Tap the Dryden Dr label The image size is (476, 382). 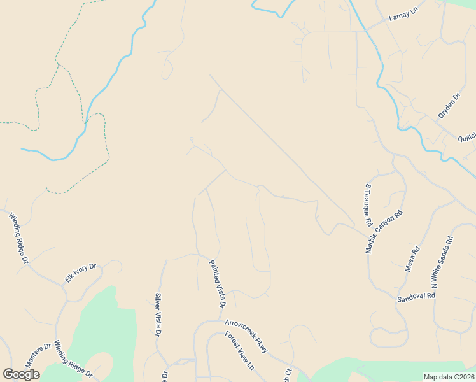tap(449, 106)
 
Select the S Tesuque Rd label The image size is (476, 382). tap(367, 206)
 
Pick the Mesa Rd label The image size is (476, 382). tap(413, 258)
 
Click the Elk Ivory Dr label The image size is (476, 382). tap(80, 273)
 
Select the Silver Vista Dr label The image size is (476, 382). tap(158, 315)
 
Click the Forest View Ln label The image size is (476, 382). tap(239, 351)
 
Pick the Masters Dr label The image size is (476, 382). tap(38, 355)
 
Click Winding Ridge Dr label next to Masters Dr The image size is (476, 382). tap(73, 358)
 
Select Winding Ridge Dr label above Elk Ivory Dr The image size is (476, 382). tap(19, 238)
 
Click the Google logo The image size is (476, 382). tap(21, 374)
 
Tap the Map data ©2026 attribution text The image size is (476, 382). tap(449, 377)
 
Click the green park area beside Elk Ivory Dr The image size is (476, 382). tap(102, 331)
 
